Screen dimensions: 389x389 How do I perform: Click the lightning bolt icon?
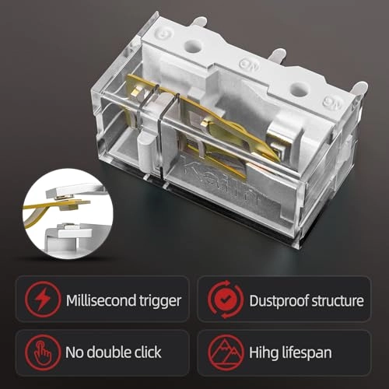tap(43, 300)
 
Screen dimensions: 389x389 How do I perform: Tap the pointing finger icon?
tap(43, 352)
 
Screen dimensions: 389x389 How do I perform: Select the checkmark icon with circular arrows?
tap(226, 300)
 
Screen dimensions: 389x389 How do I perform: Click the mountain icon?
tap(226, 352)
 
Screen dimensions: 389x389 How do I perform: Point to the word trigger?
tap(160, 302)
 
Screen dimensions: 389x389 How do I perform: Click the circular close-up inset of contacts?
tap(68, 213)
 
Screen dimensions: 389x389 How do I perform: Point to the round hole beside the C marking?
tap(192, 44)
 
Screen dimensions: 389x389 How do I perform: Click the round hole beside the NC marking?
tap(300, 89)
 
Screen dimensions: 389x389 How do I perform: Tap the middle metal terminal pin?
tap(278, 58)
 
